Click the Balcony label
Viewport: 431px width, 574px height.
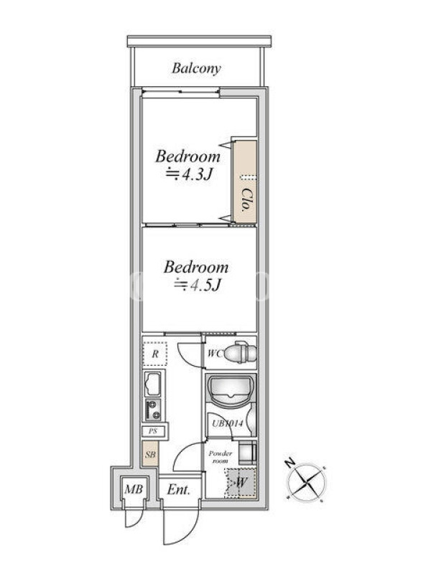(196, 68)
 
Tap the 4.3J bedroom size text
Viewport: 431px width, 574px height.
(189, 174)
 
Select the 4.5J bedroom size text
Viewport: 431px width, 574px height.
(198, 285)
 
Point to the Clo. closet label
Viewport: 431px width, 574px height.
(246, 200)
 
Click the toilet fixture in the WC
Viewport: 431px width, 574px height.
(241, 353)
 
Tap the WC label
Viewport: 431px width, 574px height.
(215, 354)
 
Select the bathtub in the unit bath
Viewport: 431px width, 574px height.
(231, 390)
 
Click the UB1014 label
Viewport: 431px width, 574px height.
(228, 424)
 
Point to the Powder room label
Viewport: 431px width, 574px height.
(221, 457)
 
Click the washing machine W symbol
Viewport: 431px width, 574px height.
(241, 482)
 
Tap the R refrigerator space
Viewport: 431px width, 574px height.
(155, 354)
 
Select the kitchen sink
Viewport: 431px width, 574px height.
(153, 384)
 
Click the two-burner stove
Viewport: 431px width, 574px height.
(153, 410)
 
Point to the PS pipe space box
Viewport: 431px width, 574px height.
(154, 431)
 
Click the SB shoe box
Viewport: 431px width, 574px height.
(150, 454)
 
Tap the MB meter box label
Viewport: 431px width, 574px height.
(134, 489)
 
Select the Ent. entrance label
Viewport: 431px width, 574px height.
(179, 489)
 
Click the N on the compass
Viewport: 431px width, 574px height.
(290, 463)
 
